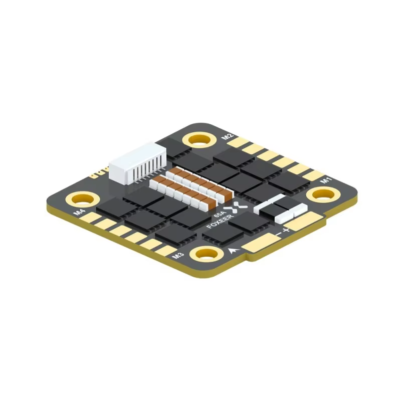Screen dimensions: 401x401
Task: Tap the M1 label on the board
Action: coord(326,179)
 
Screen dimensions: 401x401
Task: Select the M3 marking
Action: coord(176,256)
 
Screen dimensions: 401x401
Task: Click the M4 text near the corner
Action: coord(79,213)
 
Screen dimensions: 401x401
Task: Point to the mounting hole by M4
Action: coord(80,198)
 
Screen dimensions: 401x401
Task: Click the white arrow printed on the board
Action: coord(232,251)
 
